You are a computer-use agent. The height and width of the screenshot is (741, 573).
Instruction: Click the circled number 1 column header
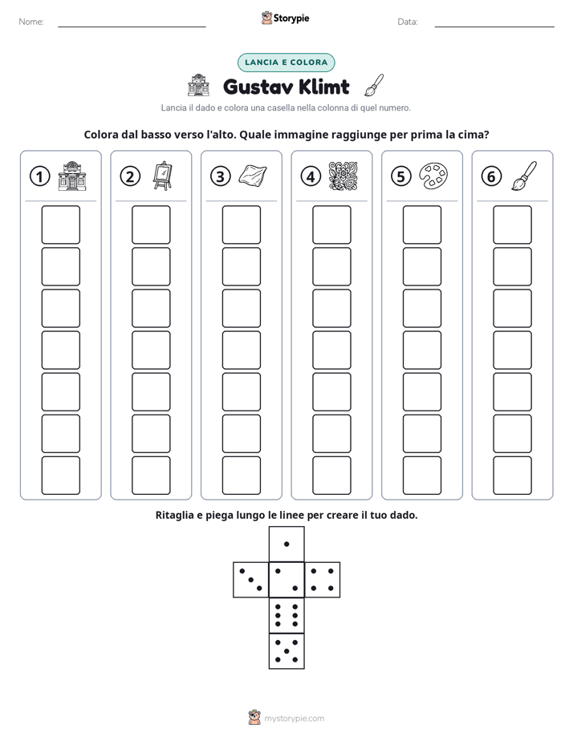pos(39,176)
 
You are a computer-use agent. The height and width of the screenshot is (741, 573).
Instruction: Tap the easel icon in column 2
pos(162,176)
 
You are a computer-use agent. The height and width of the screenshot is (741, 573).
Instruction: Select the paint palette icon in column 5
pos(433,176)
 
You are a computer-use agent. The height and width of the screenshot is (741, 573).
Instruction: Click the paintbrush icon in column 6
pos(524,176)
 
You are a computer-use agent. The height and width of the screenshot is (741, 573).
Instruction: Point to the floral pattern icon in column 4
pos(343,176)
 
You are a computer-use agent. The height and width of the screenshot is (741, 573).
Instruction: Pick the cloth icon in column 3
pos(253,176)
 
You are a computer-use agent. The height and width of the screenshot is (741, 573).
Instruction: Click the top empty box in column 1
pos(60,225)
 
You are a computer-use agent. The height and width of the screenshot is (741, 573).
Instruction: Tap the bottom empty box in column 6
pos(512,476)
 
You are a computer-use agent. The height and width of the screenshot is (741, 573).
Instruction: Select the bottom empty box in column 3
pos(241,476)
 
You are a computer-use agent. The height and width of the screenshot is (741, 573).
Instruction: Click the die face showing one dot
pos(286,545)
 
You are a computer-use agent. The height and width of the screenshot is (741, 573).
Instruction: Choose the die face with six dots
pos(286,615)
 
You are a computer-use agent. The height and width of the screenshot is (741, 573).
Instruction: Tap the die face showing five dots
pos(286,650)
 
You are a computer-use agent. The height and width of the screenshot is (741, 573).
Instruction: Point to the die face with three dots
pos(251,580)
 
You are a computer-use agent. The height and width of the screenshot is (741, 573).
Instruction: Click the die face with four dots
pos(323,580)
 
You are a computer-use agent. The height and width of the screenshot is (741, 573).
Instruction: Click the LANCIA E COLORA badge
pos(286,63)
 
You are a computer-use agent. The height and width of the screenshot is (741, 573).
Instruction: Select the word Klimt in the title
pos(324,87)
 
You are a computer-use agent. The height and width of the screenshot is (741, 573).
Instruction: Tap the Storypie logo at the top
pos(285,18)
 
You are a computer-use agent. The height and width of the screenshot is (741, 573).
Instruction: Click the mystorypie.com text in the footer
pos(294,719)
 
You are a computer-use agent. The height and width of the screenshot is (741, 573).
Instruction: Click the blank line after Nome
pos(132,26)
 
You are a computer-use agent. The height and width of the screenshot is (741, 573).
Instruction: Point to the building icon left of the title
pos(198,85)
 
